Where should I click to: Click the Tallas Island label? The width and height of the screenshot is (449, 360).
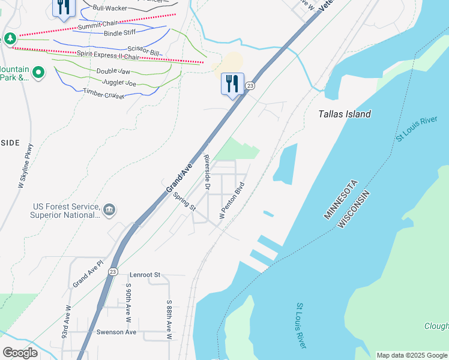345,114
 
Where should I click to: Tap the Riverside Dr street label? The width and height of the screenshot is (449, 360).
207,173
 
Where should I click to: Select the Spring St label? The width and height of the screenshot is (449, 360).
184,202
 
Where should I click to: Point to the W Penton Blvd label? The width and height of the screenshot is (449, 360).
234,200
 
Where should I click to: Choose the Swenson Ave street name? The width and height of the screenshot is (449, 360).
116,332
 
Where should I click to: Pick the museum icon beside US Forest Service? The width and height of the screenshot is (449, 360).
109,209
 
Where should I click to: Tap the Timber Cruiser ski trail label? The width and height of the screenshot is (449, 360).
104,94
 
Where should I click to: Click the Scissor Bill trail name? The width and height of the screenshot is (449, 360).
143,52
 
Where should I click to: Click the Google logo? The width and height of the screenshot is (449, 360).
20,353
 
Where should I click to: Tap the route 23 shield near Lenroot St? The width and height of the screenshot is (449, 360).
113,272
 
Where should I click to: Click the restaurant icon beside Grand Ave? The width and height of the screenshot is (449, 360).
232,83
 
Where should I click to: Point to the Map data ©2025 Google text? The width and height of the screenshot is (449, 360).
412,355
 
